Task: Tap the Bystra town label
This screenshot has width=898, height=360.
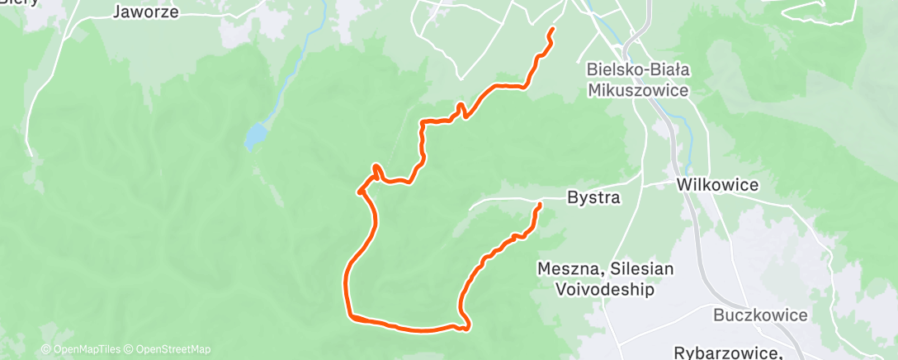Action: pos(593,198)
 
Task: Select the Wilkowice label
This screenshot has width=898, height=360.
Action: pos(717,185)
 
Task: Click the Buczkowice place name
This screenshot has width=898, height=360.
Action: pos(760,315)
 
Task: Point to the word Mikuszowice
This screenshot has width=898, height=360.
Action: pos(639,90)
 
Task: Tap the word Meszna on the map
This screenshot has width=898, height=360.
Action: pos(565,269)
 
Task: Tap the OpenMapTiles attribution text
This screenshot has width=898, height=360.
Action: pos(86,349)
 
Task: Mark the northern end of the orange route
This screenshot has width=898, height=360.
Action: pos(551,30)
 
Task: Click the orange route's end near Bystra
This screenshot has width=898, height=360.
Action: pos(540,204)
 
